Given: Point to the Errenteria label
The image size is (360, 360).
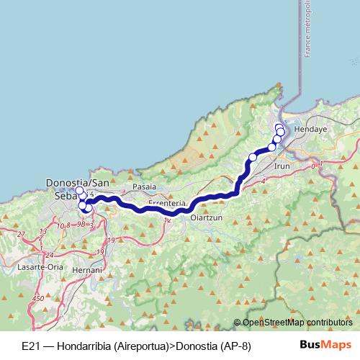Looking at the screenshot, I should click(167, 204).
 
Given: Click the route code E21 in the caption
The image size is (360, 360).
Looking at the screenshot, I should click(30, 346).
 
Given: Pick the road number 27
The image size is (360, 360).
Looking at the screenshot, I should click(21, 235).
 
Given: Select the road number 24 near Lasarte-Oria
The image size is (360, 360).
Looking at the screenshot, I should click(48, 255).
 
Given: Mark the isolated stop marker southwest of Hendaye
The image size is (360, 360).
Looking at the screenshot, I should click(253, 158).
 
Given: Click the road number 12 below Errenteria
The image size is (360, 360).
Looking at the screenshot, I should click(168, 220).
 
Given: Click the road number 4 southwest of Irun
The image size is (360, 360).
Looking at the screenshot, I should click(264, 181).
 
